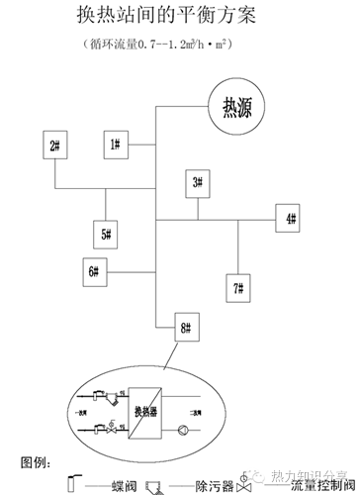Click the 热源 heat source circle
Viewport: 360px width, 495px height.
[x=237, y=105]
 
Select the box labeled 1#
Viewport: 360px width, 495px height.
[x=116, y=146]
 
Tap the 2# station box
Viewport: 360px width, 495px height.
[x=54, y=148]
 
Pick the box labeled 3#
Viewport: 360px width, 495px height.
[x=197, y=182]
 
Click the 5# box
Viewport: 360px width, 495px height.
[x=105, y=235]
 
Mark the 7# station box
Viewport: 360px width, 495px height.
[x=238, y=289]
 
